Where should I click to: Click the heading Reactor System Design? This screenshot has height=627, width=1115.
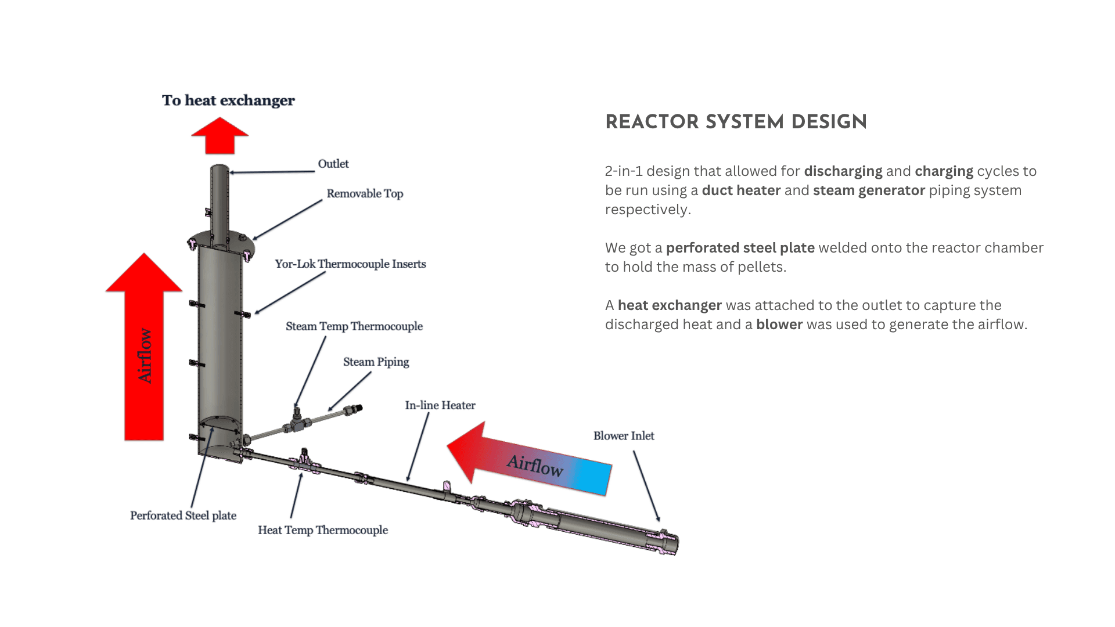(736, 122)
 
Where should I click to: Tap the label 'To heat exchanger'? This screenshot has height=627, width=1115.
(228, 101)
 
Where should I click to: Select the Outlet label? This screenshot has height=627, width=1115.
(333, 164)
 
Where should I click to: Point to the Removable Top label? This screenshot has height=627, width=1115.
(365, 194)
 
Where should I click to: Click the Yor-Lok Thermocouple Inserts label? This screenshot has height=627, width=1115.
(350, 264)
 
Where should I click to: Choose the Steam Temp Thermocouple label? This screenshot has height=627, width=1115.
(354, 326)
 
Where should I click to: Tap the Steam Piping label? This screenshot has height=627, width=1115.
(376, 362)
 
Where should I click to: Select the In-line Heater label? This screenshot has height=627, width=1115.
(440, 405)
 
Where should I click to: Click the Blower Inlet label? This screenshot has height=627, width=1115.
(624, 436)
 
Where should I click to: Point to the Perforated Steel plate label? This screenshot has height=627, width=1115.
(183, 516)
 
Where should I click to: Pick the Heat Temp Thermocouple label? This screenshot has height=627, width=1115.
(323, 530)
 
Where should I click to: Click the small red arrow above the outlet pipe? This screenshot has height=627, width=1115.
(220, 136)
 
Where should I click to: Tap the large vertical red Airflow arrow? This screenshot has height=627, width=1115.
(144, 347)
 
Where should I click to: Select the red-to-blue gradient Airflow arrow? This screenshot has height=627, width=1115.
(529, 459)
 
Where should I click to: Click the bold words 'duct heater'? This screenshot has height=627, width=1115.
(741, 190)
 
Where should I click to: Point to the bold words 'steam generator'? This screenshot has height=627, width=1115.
(869, 190)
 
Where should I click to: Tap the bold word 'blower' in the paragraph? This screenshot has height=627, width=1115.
(779, 325)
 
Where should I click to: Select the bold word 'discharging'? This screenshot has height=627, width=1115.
(843, 171)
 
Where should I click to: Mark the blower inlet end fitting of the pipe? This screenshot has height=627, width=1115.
(668, 542)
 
